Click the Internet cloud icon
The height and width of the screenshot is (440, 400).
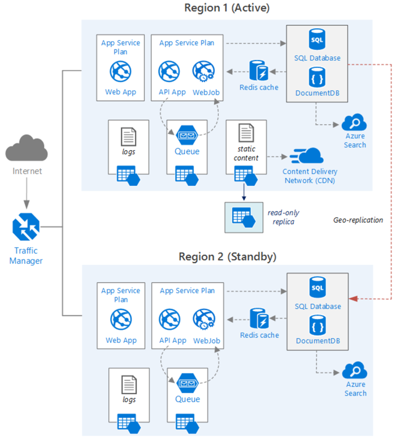coord(26,148)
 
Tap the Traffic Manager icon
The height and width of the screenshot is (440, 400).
coord(26,228)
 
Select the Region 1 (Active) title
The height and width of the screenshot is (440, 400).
coord(227,8)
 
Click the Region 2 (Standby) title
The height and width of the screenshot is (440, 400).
coord(227,256)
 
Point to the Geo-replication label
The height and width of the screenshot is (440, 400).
coord(358,220)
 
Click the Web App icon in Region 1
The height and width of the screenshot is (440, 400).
coord(120,72)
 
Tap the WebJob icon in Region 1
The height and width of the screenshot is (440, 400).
coord(203,72)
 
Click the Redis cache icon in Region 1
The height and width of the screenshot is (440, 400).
coord(260,71)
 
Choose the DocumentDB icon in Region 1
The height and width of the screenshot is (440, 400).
coord(317,77)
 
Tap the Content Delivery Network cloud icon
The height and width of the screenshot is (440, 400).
coord(307,156)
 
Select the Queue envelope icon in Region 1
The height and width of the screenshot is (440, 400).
coord(187,136)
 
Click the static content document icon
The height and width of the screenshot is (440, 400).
coord(246,133)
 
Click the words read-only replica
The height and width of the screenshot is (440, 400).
coord(284,217)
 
